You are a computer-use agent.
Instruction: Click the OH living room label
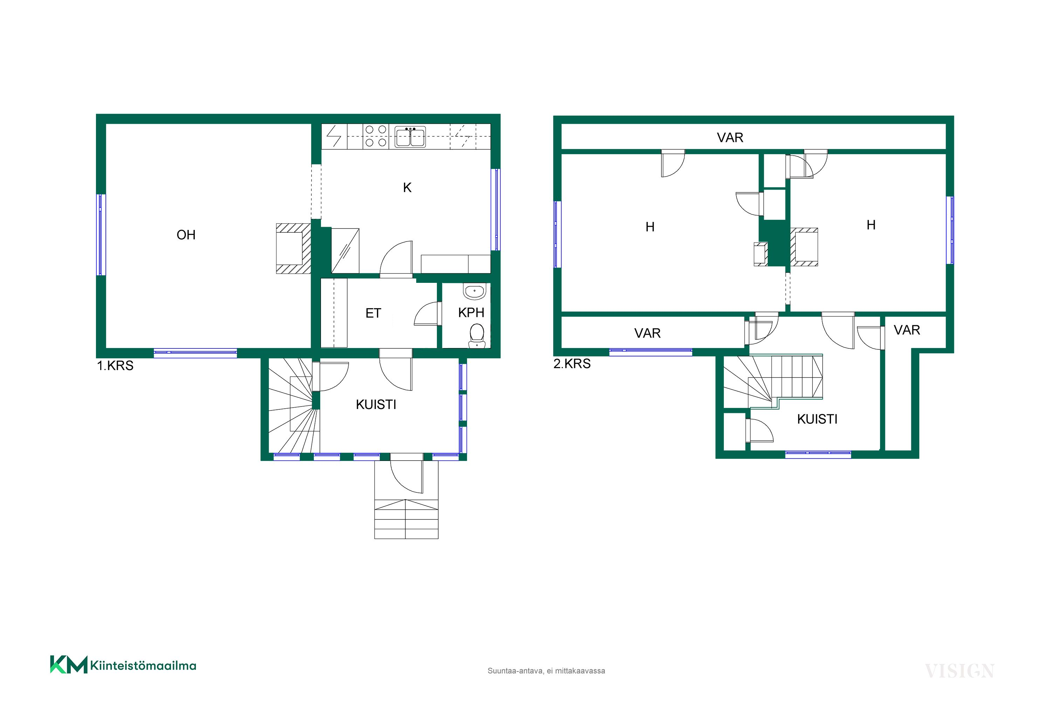186,235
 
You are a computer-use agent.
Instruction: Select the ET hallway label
373,313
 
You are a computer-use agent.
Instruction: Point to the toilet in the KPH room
477,336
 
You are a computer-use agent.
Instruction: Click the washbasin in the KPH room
474,291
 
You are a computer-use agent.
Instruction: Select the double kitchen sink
410,136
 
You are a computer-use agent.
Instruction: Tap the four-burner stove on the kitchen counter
376,136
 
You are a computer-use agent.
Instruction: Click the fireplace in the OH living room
294,248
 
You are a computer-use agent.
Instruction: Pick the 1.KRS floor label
115,366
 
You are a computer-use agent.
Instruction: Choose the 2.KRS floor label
572,364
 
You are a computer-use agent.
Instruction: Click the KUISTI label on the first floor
376,404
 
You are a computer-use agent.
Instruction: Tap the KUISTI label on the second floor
817,419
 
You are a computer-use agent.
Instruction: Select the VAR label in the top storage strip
730,138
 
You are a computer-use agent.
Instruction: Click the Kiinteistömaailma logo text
143,666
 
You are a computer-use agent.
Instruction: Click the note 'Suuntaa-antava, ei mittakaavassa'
546,671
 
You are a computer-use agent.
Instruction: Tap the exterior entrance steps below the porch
406,519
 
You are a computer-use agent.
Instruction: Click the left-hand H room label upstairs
650,227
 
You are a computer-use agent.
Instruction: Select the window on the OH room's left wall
102,235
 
